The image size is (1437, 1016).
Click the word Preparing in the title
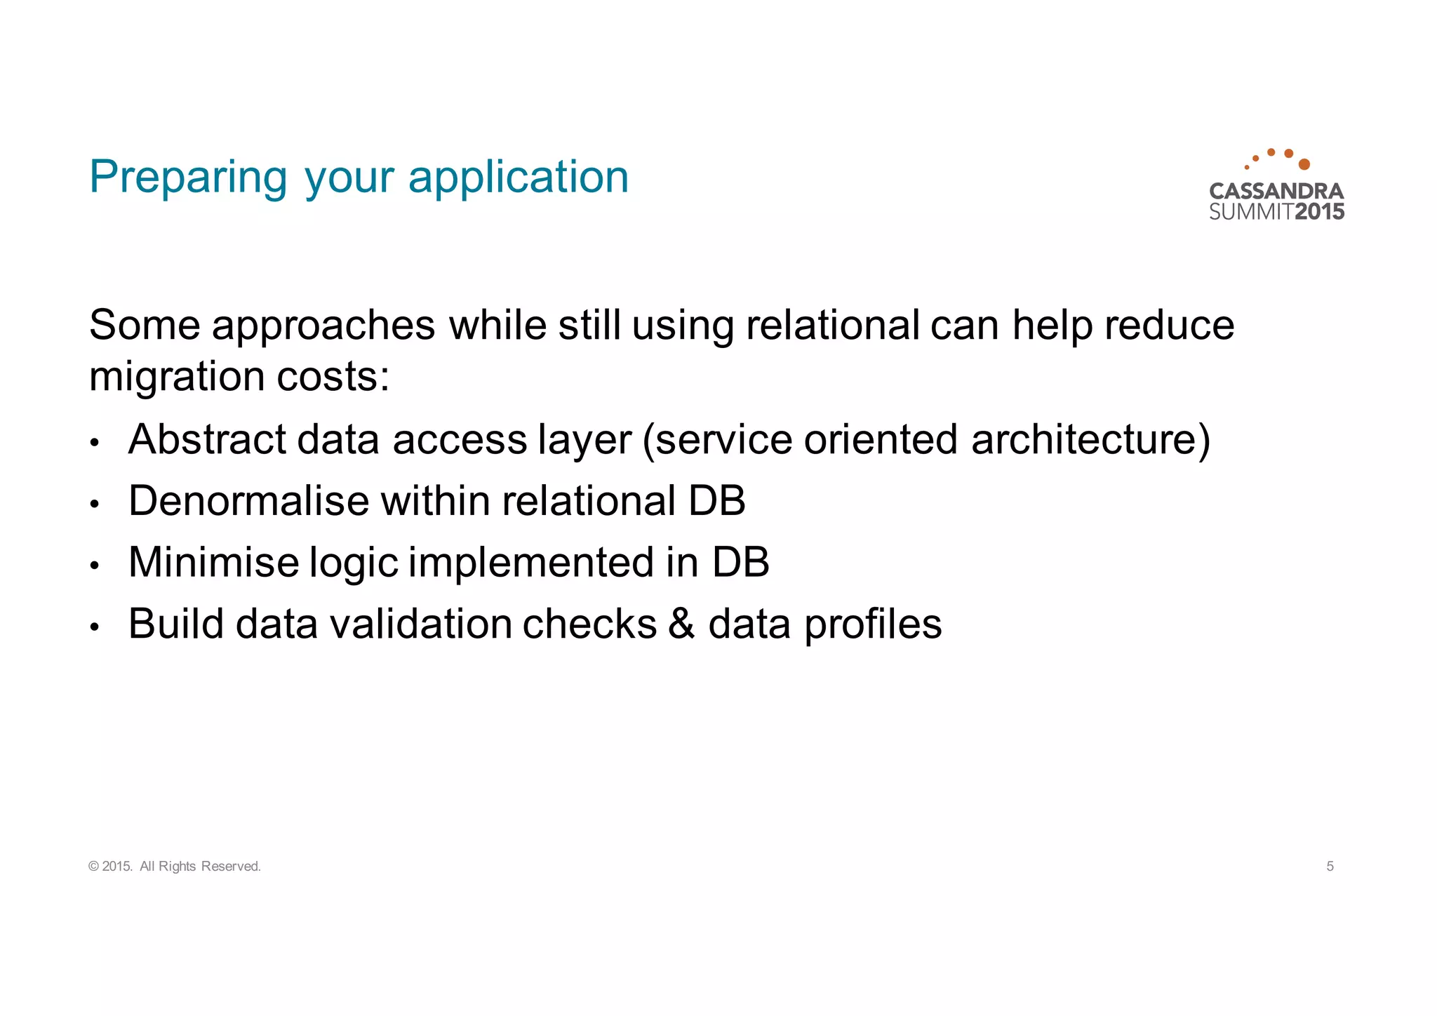[188, 178]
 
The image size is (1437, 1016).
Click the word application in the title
[519, 178]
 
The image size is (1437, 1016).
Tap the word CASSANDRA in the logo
[1276, 191]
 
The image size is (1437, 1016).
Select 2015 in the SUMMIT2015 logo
[1319, 211]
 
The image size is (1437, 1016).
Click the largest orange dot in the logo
[1304, 164]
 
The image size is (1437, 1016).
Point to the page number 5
[1330, 867]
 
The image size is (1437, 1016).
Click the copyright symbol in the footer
[94, 867]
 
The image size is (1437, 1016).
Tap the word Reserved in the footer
[230, 867]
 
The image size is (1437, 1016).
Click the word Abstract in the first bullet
[207, 440]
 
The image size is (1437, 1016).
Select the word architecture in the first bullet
[1090, 440]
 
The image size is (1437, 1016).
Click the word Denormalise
[248, 501]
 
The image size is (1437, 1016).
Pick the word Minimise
[214, 563]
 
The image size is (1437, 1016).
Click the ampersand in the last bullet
[681, 624]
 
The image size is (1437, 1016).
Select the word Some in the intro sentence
[145, 326]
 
